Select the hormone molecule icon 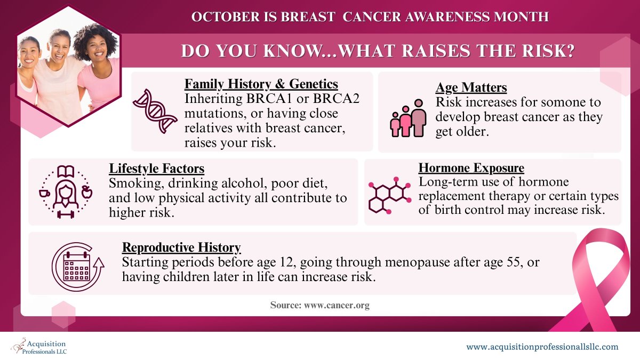[389, 195]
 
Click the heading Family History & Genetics [261, 84]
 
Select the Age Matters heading [471, 87]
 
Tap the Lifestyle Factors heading [157, 169]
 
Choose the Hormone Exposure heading [471, 169]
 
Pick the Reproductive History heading [181, 247]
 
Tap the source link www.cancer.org [337, 306]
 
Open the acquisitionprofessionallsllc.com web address [542, 347]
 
